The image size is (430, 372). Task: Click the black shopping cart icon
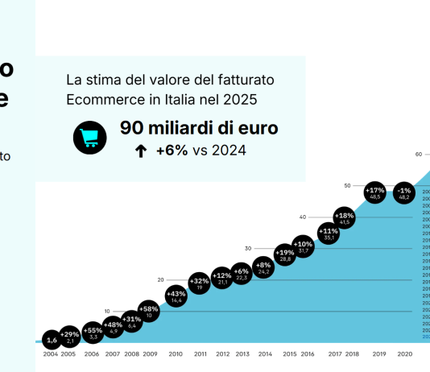pyautogui.click(x=89, y=138)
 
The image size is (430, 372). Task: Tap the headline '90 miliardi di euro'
pyautogui.click(x=199, y=128)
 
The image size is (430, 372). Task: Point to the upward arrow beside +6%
pyautogui.click(x=141, y=151)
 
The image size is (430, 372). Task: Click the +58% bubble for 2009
pyautogui.click(x=149, y=312)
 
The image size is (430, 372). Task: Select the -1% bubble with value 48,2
pyautogui.click(x=404, y=192)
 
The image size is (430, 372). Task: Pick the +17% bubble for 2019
pyautogui.click(x=375, y=192)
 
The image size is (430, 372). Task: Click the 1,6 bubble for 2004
pyautogui.click(x=52, y=340)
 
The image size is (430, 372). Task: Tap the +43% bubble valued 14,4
pyautogui.click(x=176, y=296)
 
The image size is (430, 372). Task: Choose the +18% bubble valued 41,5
pyautogui.click(x=345, y=218)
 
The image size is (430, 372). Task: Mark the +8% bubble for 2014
pyautogui.click(x=263, y=268)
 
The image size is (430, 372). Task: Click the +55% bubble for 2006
pyautogui.click(x=93, y=333)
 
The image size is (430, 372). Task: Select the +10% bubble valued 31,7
pyautogui.click(x=303, y=246)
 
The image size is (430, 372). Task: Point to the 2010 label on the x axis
pyautogui.click(x=176, y=354)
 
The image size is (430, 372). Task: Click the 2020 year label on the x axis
pyautogui.click(x=404, y=354)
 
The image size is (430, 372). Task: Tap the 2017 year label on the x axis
pyautogui.click(x=335, y=354)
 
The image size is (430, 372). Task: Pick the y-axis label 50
pyautogui.click(x=347, y=185)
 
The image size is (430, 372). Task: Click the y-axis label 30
pyautogui.click(x=248, y=248)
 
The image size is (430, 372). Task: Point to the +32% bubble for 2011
pyautogui.click(x=200, y=283)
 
